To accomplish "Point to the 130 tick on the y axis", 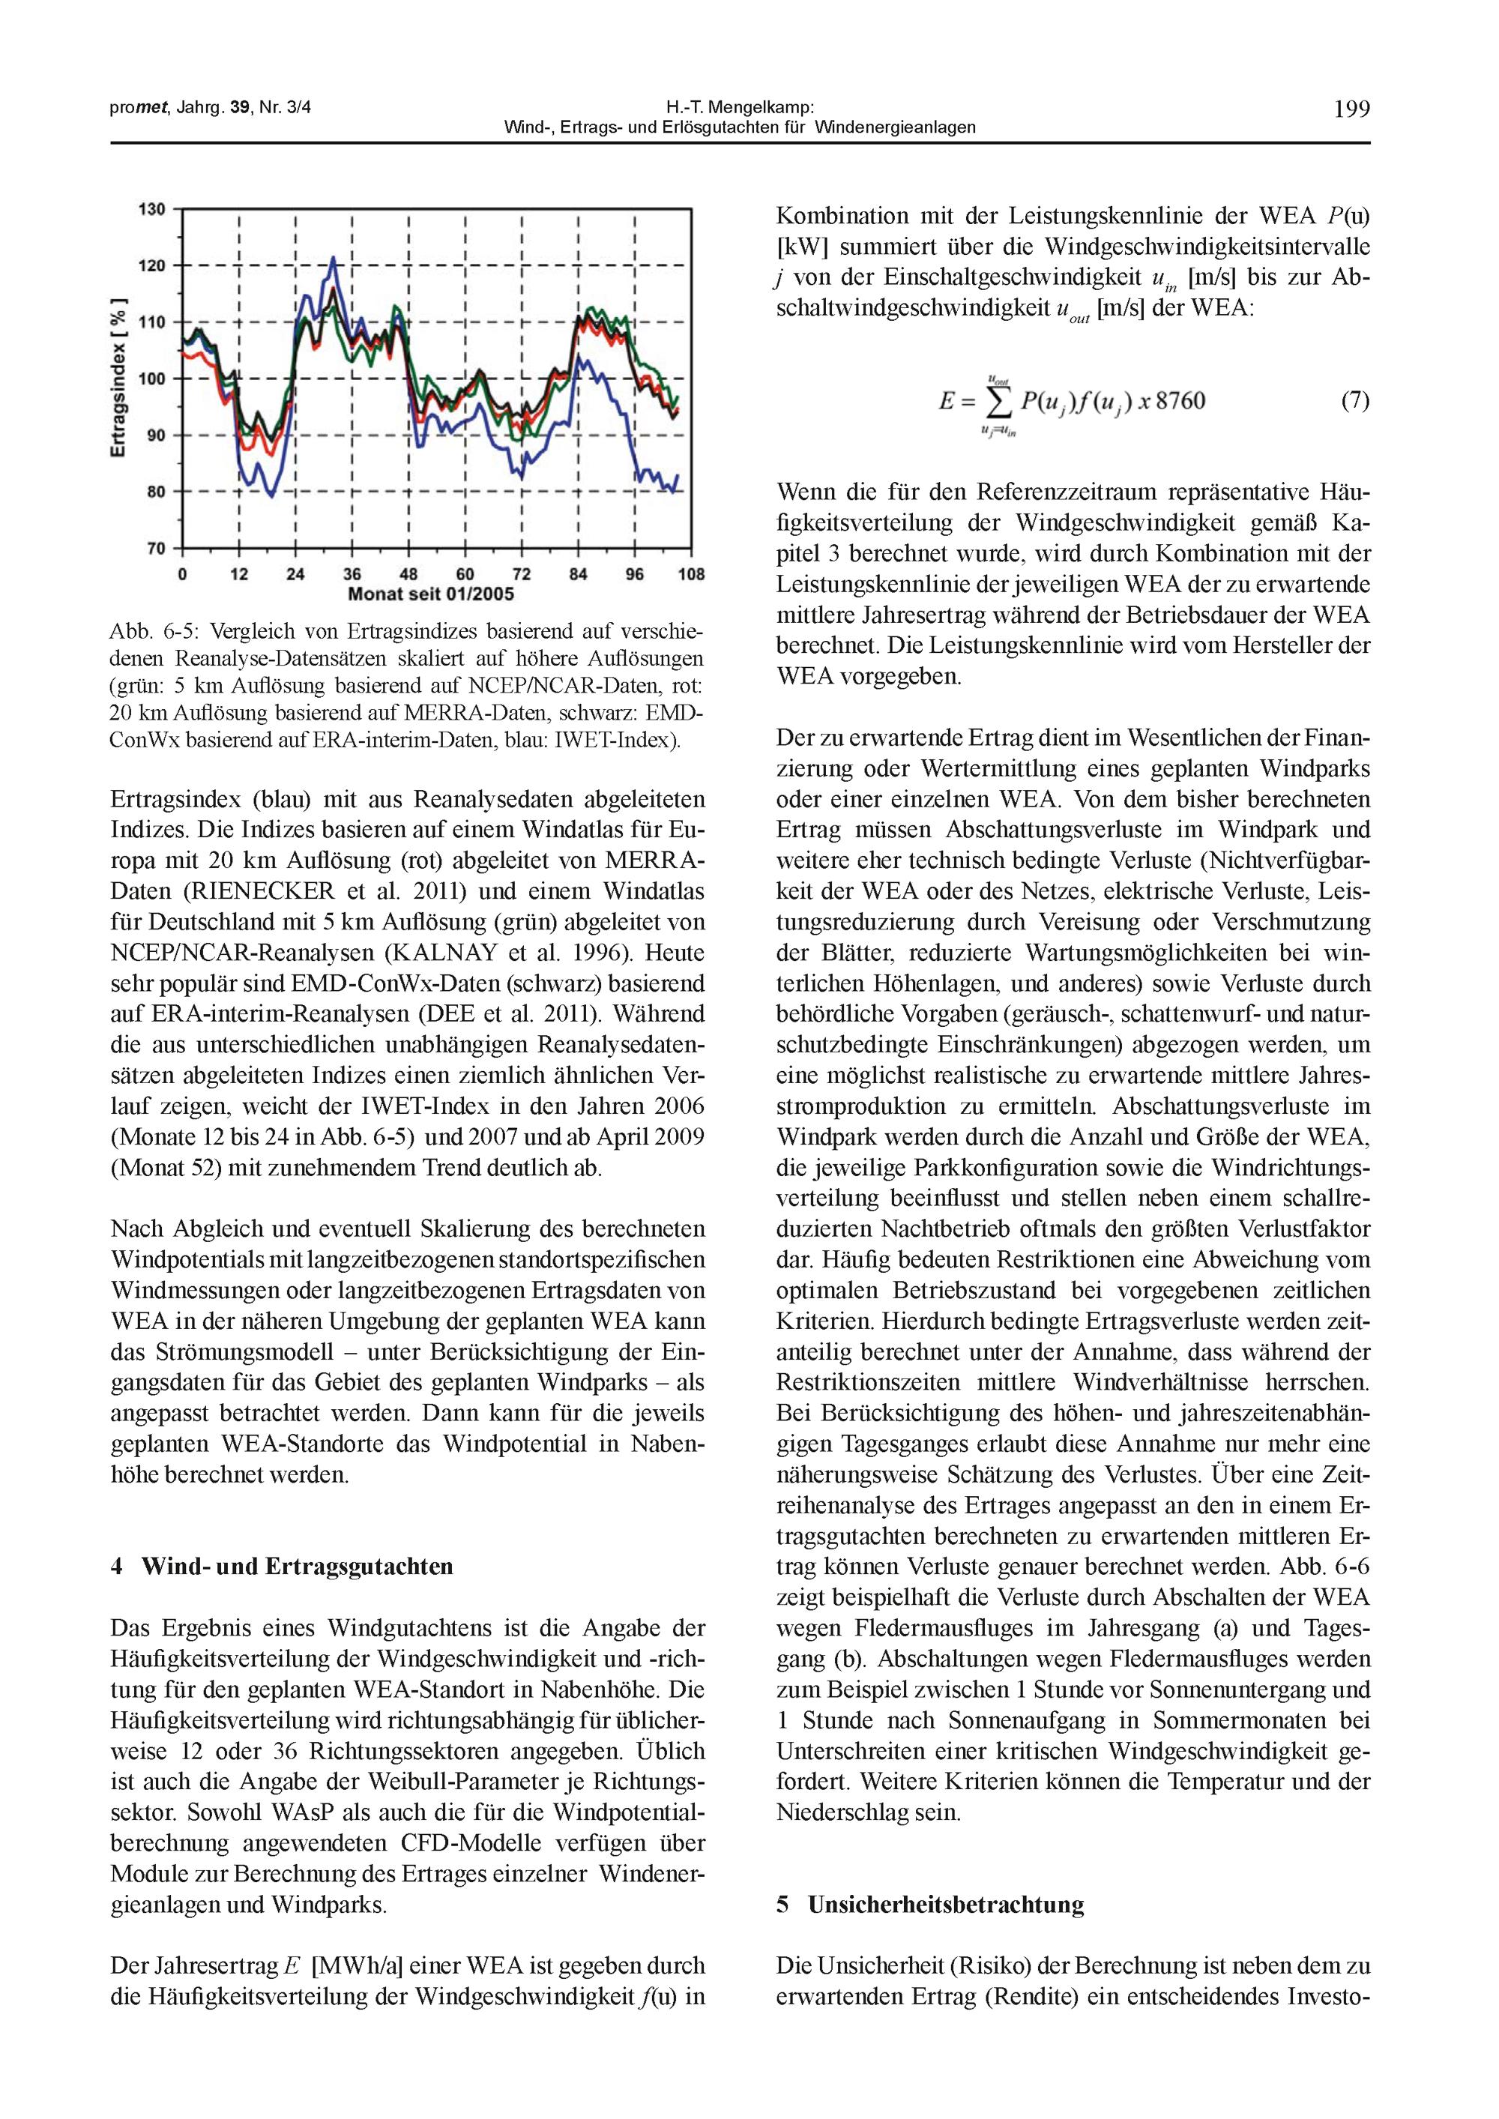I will (151, 209).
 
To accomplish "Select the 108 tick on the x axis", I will (690, 574).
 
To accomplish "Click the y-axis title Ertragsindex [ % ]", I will (118, 378).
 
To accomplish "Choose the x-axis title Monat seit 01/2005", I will (431, 594).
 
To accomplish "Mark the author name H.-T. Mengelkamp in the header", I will (739, 108).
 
